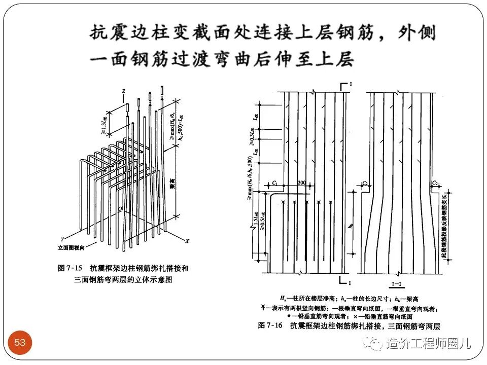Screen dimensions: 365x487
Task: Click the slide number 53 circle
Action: tap(20, 343)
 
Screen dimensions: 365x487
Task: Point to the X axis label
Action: tap(187, 241)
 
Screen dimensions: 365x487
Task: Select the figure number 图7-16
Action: tap(269, 324)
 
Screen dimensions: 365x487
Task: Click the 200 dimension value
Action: tap(302, 182)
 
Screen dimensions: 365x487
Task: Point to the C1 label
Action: tap(274, 182)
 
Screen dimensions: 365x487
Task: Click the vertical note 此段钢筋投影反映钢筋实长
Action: tap(444, 226)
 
